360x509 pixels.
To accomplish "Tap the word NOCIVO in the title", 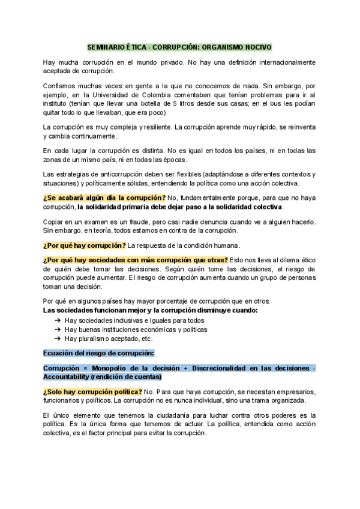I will [x=257, y=46].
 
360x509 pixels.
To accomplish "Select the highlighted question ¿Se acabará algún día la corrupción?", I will [x=104, y=198].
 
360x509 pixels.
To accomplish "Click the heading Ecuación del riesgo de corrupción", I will [x=99, y=353].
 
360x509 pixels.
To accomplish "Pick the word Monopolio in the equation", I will [x=114, y=367].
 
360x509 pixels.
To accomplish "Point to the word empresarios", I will [x=292, y=391].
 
